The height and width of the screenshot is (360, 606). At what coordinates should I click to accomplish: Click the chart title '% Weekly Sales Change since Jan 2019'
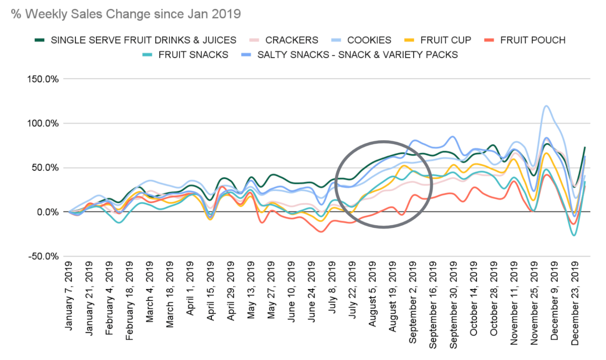[x=126, y=14]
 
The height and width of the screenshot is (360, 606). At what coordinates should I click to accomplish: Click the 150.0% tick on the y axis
[x=43, y=79]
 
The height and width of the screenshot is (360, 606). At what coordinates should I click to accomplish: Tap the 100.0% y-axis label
[x=43, y=123]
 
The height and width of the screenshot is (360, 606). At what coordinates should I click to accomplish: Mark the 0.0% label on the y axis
[x=47, y=212]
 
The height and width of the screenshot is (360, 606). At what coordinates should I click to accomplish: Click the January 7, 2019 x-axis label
[x=69, y=296]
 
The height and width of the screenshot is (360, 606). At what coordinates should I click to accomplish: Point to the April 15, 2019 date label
[x=210, y=291]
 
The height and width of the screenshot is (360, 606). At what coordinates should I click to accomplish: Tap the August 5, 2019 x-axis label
[x=372, y=294]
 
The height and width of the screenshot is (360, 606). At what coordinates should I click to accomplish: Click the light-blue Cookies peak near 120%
[x=546, y=106]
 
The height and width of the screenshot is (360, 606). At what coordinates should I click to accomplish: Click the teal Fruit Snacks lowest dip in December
[x=573, y=235]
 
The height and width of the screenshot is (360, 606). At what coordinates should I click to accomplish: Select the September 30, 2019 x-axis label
[x=453, y=305]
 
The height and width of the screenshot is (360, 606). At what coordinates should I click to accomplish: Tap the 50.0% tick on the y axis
[x=45, y=168]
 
